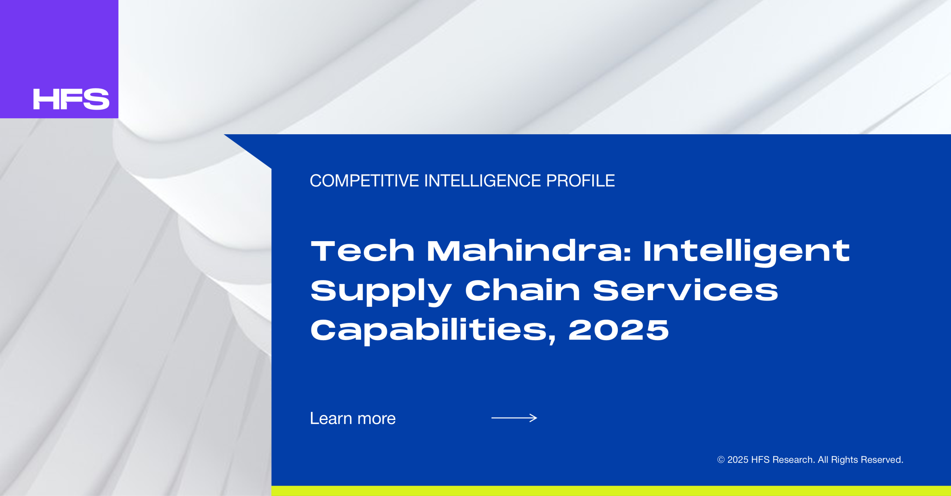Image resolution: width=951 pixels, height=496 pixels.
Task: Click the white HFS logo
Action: pos(71,99)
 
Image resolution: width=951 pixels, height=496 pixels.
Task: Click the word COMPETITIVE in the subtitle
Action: pos(364,181)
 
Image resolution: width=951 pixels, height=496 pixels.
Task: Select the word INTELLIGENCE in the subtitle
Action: pos(483,181)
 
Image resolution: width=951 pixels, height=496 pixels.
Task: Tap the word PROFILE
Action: pos(581,181)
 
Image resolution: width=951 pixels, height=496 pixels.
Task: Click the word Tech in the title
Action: pos(363,251)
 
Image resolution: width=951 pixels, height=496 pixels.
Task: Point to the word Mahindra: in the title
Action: pos(529,251)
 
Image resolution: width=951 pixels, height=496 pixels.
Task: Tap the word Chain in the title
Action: pos(523,290)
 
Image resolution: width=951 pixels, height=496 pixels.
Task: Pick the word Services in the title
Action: pos(685,290)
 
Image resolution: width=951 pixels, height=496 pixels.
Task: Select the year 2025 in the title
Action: pos(619,330)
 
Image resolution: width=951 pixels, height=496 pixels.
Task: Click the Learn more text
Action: pos(353,418)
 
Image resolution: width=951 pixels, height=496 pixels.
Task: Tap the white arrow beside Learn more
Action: pos(514,418)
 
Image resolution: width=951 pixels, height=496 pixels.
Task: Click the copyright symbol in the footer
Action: pos(721,460)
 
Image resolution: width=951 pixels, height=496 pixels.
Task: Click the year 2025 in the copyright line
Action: pos(738,460)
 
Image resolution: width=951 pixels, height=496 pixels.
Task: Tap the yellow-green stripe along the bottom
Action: pos(611,491)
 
